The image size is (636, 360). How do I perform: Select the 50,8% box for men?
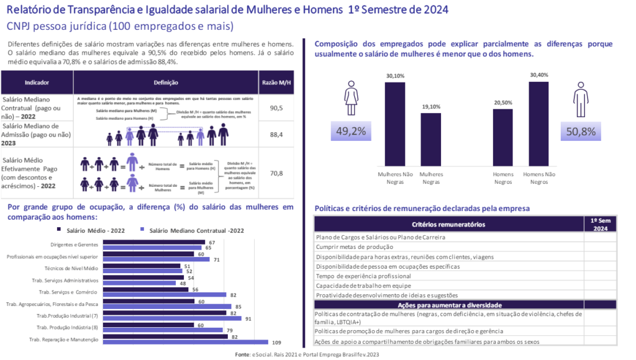click(x=581, y=131)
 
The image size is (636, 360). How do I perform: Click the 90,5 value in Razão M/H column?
click(x=276, y=108)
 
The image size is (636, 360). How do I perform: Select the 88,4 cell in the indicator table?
click(x=276, y=134)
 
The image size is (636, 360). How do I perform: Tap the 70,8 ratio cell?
click(x=276, y=173)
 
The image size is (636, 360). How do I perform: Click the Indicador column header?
click(x=37, y=83)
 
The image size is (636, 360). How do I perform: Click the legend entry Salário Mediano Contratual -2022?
click(x=193, y=230)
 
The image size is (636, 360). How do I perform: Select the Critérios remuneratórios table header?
click(x=449, y=224)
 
